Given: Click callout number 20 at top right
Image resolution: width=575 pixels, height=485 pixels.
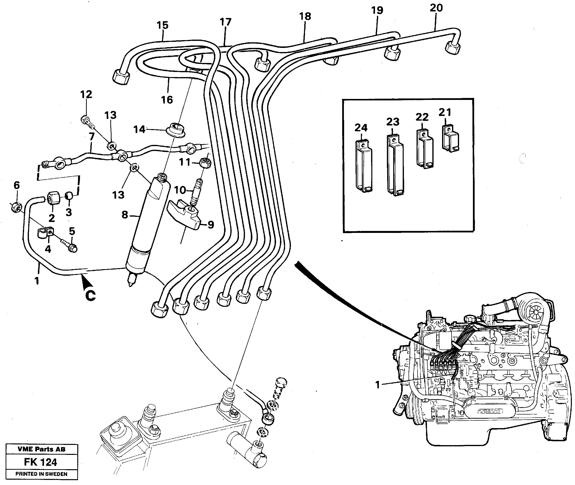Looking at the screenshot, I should (436, 8).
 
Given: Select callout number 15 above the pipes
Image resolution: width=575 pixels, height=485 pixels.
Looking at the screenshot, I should (162, 25).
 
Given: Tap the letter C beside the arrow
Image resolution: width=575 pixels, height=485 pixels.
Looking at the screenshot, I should (90, 296).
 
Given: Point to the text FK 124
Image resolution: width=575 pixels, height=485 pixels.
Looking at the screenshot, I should (40, 462).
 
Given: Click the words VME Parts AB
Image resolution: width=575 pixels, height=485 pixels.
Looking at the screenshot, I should (42, 449).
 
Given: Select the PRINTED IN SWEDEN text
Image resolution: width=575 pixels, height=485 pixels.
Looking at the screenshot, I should (42, 474).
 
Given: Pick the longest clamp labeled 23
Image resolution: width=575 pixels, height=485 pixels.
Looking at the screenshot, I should (395, 165).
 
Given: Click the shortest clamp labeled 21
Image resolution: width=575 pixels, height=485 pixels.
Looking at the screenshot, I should (450, 138).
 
